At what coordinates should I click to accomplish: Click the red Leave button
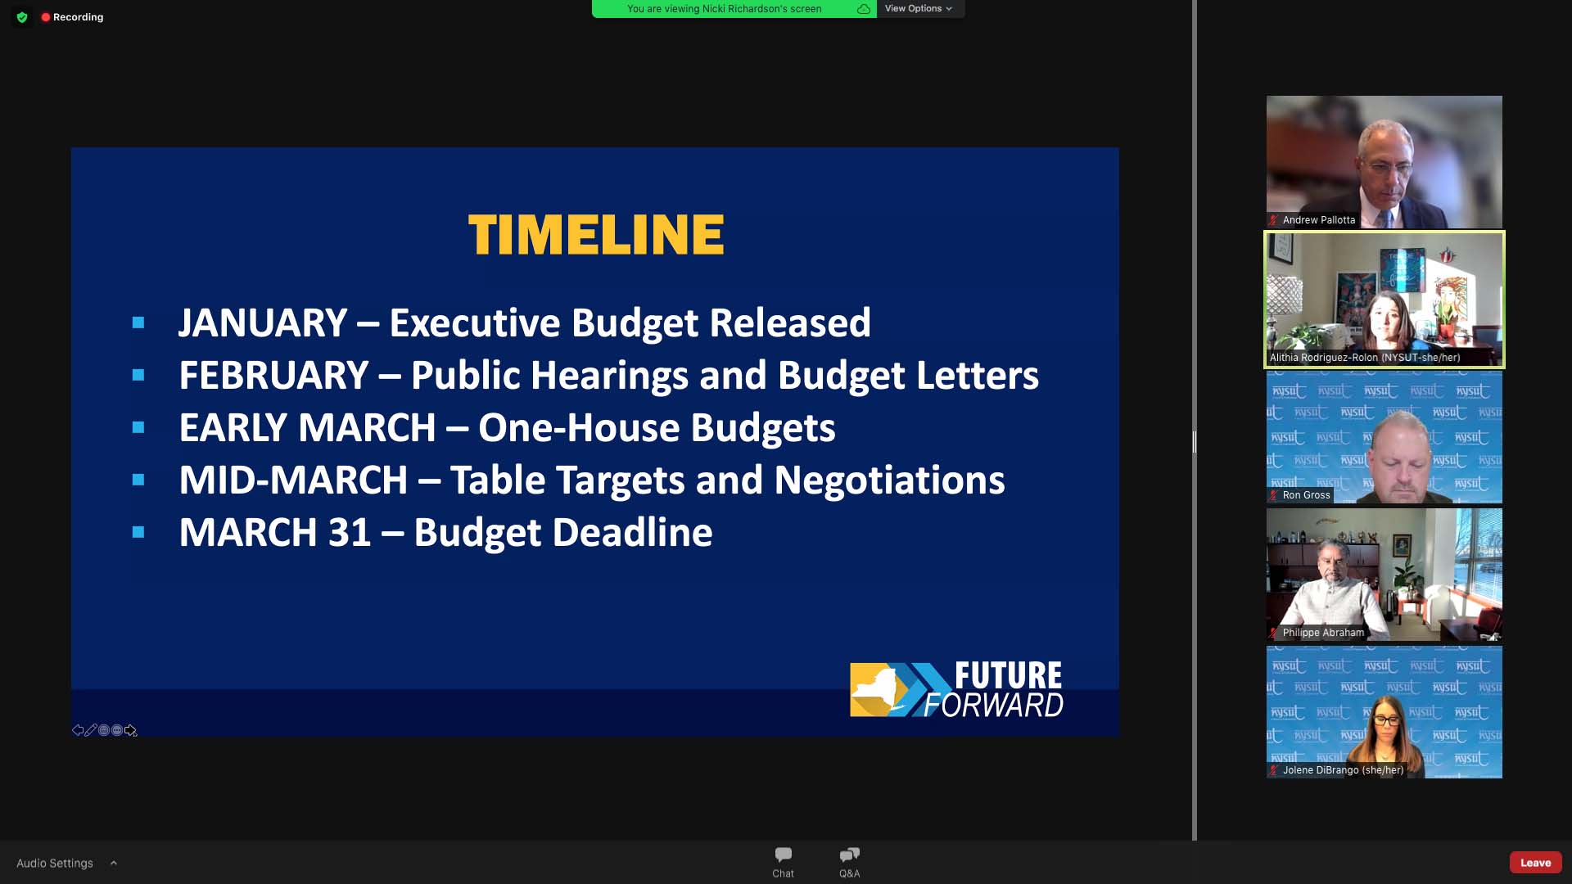point(1535,863)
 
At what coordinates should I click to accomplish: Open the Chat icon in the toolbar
point(784,855)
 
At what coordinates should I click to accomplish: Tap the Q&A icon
point(850,855)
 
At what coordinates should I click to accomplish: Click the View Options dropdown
point(919,8)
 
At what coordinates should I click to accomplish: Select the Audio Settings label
point(55,863)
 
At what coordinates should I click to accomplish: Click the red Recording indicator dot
point(46,16)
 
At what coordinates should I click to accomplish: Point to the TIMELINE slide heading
point(596,235)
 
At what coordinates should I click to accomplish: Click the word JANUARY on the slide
point(263,322)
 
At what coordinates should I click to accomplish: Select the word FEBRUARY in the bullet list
point(273,375)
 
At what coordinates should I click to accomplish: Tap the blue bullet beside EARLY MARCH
point(138,427)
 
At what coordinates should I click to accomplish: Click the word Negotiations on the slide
point(889,480)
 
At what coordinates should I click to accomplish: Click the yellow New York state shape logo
point(879,690)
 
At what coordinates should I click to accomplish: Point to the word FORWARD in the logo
point(994,705)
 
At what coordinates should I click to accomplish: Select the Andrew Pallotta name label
point(1318,220)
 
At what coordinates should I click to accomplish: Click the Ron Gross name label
point(1306,495)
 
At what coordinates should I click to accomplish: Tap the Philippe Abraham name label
point(1323,633)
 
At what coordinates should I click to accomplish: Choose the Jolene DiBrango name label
point(1343,770)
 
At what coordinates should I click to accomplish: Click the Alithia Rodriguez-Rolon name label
point(1365,358)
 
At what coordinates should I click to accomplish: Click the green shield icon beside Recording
point(22,16)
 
